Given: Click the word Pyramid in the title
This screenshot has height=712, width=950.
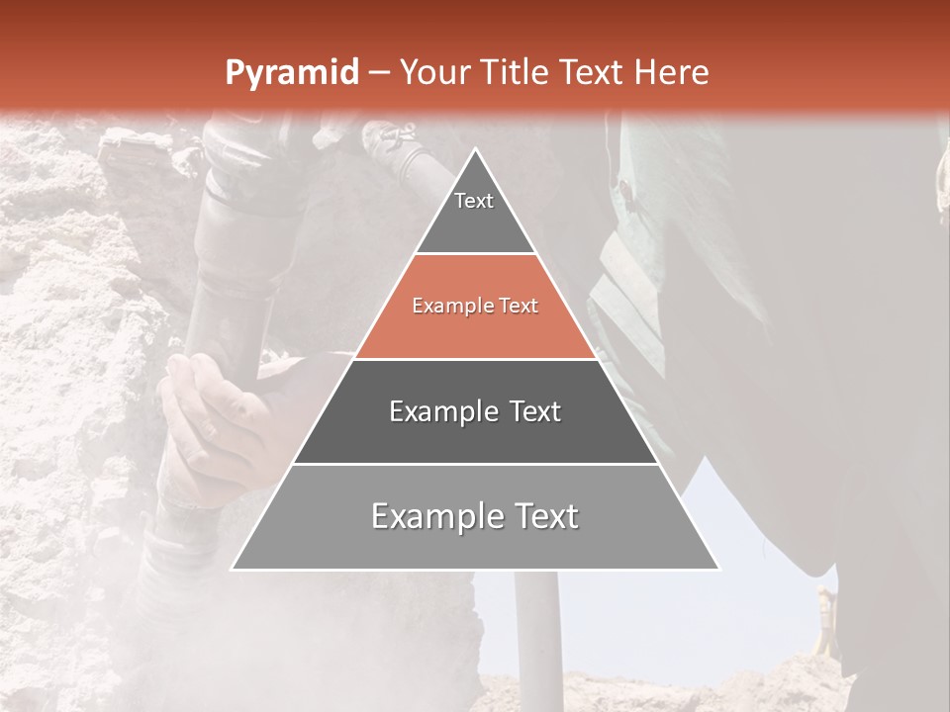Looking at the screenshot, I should pos(291,73).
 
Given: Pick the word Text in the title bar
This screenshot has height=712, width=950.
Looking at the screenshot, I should pos(593,72).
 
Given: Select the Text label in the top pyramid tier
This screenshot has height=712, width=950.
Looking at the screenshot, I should pos(474,201).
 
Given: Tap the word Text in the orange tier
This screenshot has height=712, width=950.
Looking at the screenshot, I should pos(519,307).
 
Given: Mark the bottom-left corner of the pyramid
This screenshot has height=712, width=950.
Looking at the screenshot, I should pos(233,569).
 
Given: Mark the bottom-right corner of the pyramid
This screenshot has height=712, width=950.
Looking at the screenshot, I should pos(718,569).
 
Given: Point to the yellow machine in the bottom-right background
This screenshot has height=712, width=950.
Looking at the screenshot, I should pos(824,623).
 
